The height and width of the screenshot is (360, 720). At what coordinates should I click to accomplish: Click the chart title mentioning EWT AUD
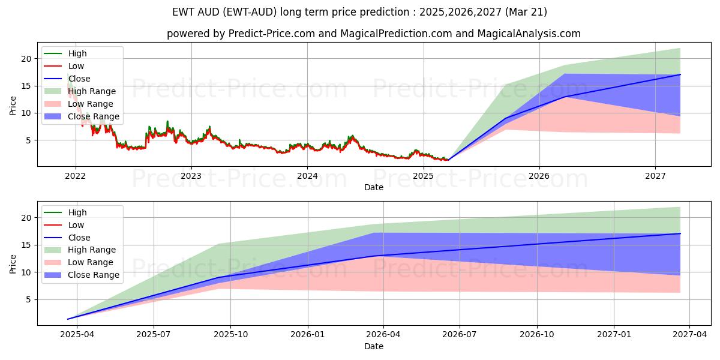point(360,12)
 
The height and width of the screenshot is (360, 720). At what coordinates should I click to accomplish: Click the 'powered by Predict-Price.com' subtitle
point(373,34)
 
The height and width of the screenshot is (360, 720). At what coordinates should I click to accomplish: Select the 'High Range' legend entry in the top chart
point(92,91)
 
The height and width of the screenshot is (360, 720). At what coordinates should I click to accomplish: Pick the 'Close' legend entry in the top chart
point(79,79)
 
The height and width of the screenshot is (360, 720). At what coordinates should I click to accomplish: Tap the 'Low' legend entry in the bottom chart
point(76,225)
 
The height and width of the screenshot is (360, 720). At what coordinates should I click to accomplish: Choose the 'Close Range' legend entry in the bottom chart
point(94,275)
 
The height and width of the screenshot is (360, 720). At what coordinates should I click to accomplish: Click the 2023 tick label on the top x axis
point(191,176)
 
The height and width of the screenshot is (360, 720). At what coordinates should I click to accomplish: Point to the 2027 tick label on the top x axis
point(655,176)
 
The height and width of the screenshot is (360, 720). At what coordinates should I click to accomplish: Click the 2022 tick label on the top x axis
point(75,176)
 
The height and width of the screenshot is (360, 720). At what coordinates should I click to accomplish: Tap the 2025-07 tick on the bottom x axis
point(154,335)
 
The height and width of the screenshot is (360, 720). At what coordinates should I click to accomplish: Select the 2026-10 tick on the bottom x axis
point(537,335)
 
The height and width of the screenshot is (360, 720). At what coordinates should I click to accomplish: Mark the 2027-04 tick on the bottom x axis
point(689,335)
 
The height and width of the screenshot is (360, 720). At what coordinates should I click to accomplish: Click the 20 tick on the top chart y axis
point(26,59)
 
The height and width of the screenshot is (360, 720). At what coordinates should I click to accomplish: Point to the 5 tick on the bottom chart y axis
point(28,299)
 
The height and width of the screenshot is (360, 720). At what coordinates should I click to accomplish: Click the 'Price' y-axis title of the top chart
point(13,104)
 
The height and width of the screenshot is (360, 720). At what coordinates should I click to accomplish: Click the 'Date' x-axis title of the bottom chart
point(373,346)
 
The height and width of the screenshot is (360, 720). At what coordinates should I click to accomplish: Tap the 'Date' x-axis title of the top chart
point(373,187)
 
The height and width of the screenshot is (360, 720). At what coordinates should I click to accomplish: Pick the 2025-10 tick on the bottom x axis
point(231,335)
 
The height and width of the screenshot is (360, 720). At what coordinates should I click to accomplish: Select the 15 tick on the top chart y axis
point(26,86)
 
